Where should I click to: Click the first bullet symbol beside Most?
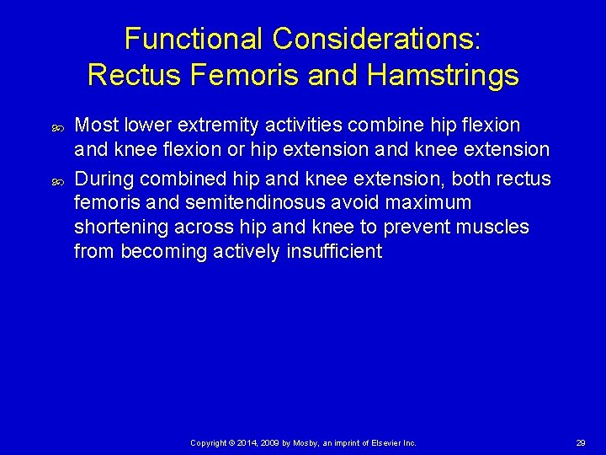click(x=58, y=127)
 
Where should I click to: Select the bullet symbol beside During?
click(x=58, y=180)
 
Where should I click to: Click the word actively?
click(x=244, y=252)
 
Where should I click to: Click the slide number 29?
click(x=581, y=442)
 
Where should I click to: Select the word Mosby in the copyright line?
click(x=312, y=442)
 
